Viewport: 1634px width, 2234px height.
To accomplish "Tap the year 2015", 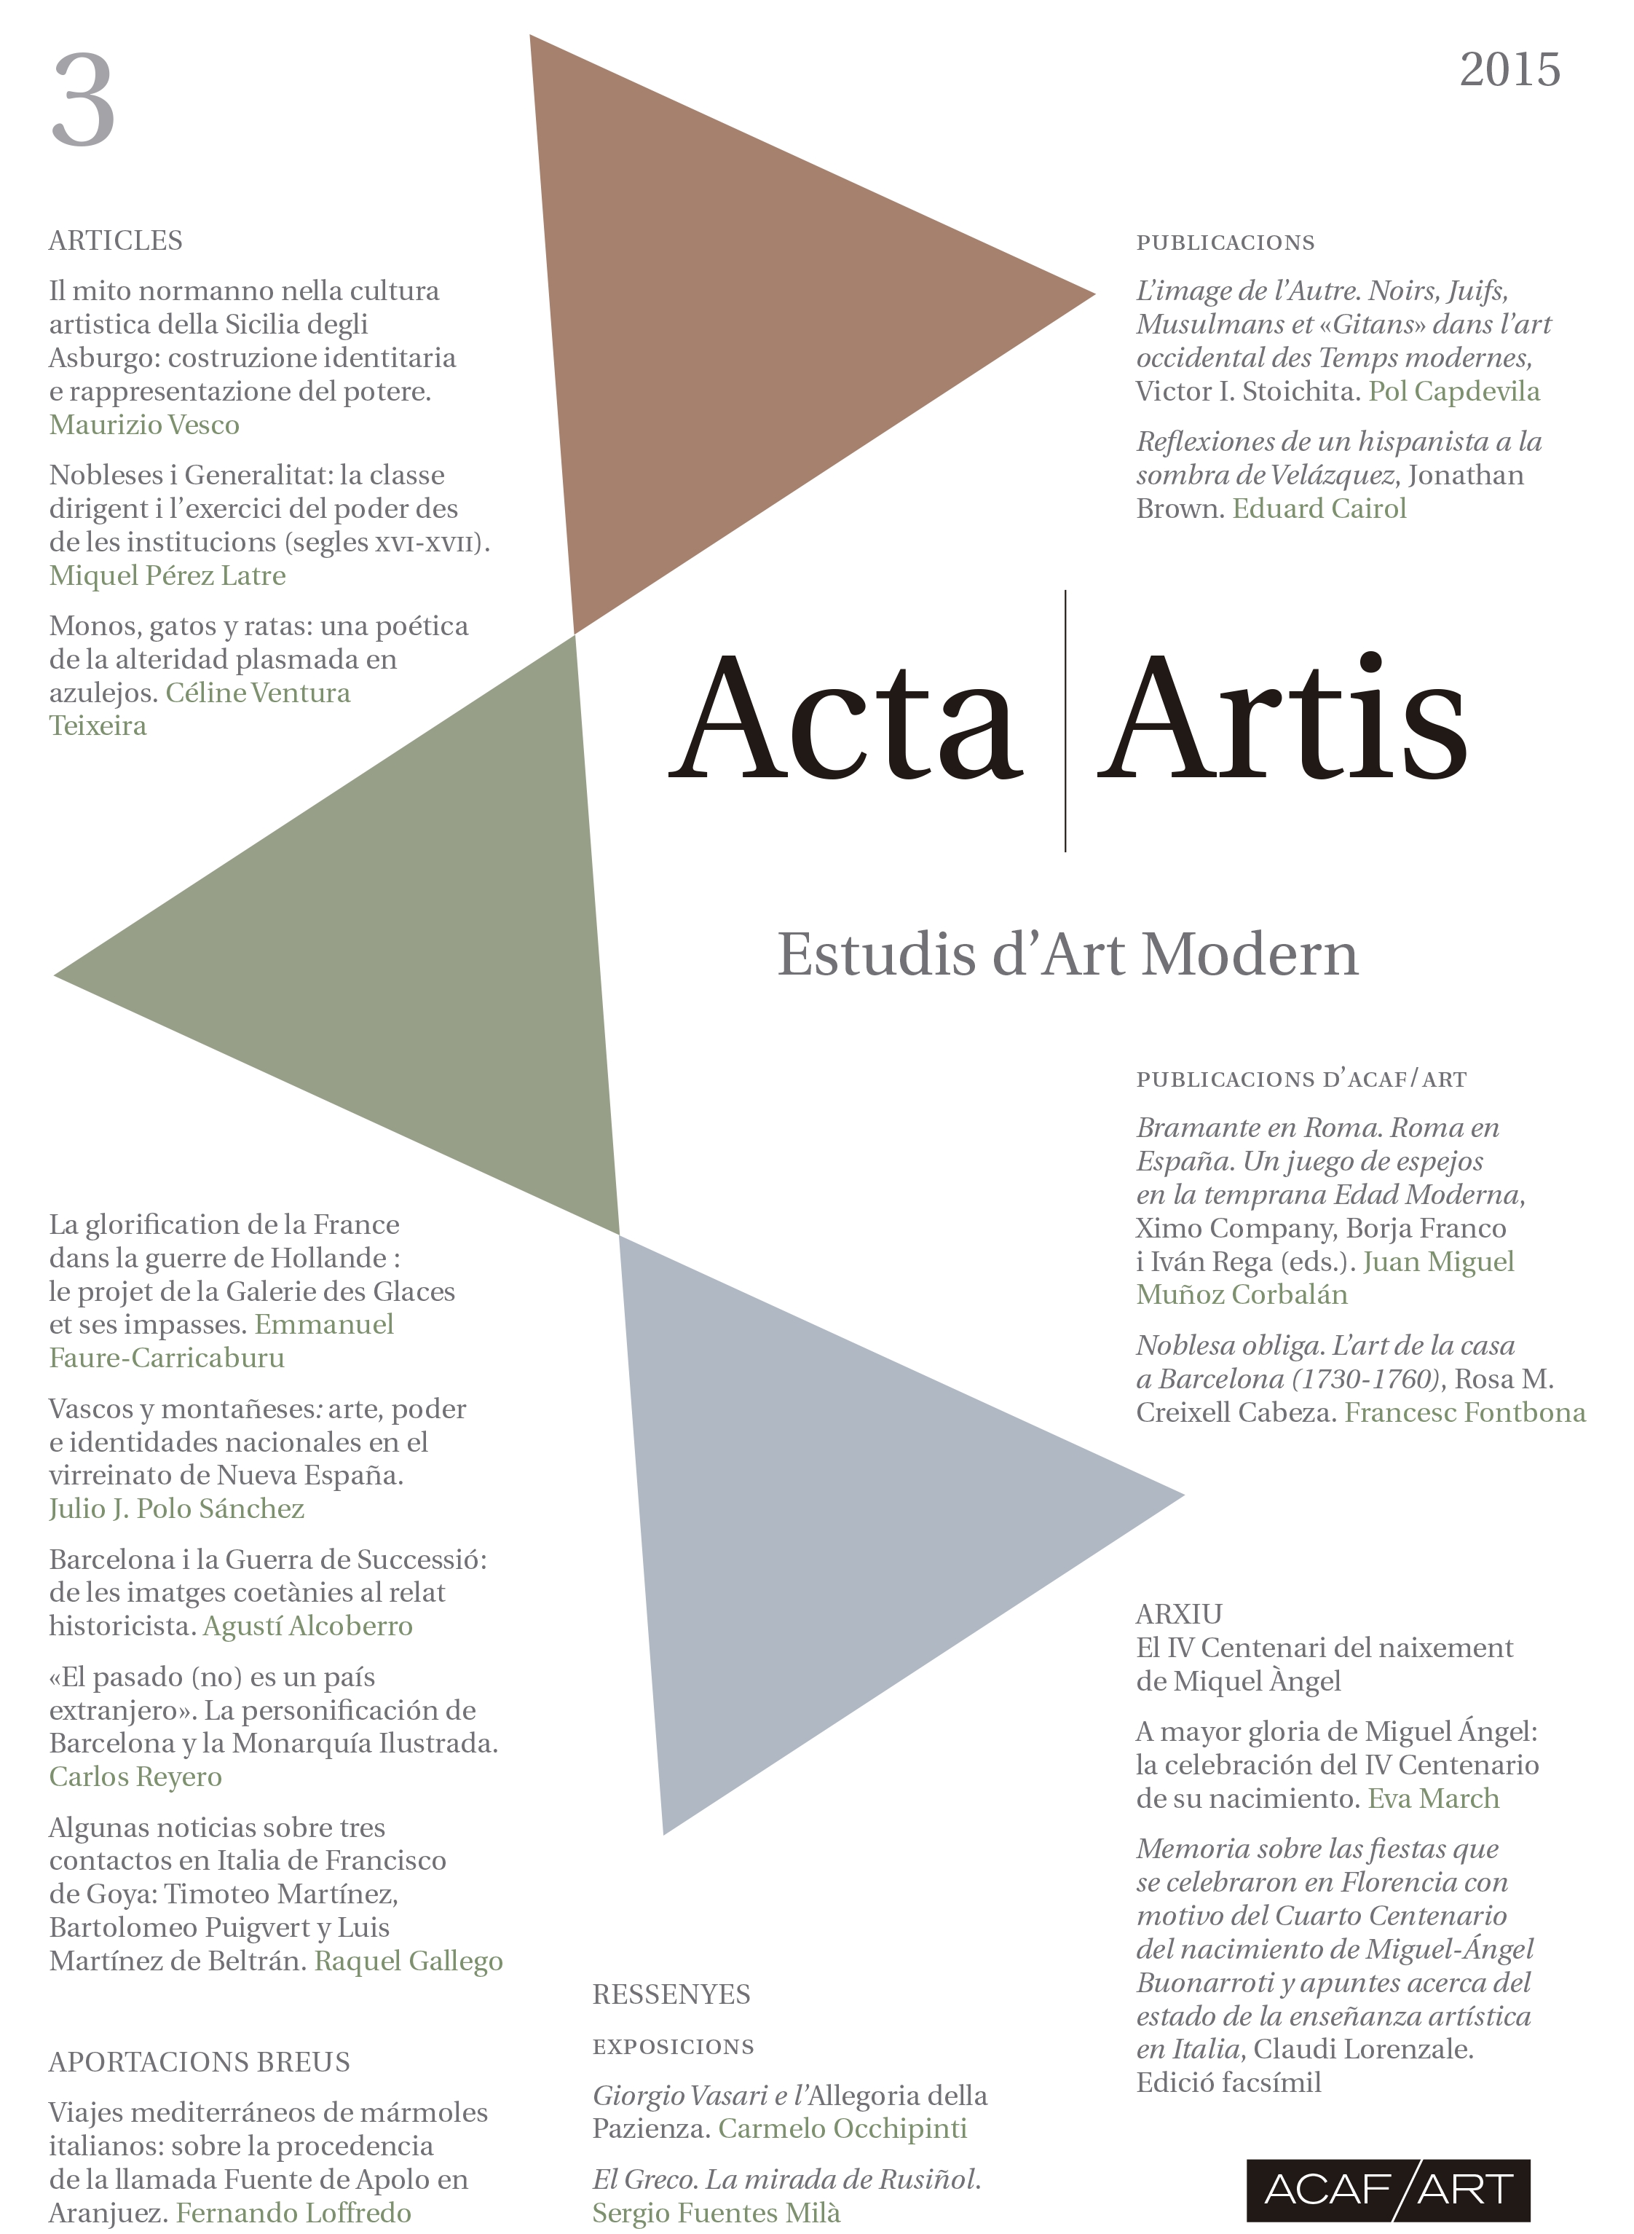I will coord(1509,70).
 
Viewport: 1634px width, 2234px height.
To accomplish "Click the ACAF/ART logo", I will coord(1388,2189).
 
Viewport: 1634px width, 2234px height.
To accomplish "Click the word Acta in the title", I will coord(847,718).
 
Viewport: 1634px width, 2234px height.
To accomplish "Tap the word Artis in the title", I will coord(1281,718).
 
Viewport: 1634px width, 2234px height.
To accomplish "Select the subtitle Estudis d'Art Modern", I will coord(1067,955).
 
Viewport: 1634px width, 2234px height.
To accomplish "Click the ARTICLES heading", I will coord(116,240).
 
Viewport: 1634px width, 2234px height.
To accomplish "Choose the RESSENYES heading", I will coord(671,1994).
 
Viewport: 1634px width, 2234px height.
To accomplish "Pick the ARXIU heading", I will coord(1179,1613).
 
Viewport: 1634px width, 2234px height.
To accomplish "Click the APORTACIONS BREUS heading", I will coord(199,2062).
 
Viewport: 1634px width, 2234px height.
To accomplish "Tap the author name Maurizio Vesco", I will coord(144,425).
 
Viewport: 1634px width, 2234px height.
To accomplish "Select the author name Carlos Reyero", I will coord(135,1777).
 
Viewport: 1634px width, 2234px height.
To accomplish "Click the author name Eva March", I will coord(1433,1798).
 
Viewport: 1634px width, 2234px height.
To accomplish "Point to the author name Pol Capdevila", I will coord(1454,392).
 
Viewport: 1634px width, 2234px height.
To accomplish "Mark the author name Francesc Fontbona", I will coord(1465,1412).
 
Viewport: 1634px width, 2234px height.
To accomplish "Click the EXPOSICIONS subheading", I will coord(673,2046).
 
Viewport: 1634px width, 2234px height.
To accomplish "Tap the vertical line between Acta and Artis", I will coord(1065,720).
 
